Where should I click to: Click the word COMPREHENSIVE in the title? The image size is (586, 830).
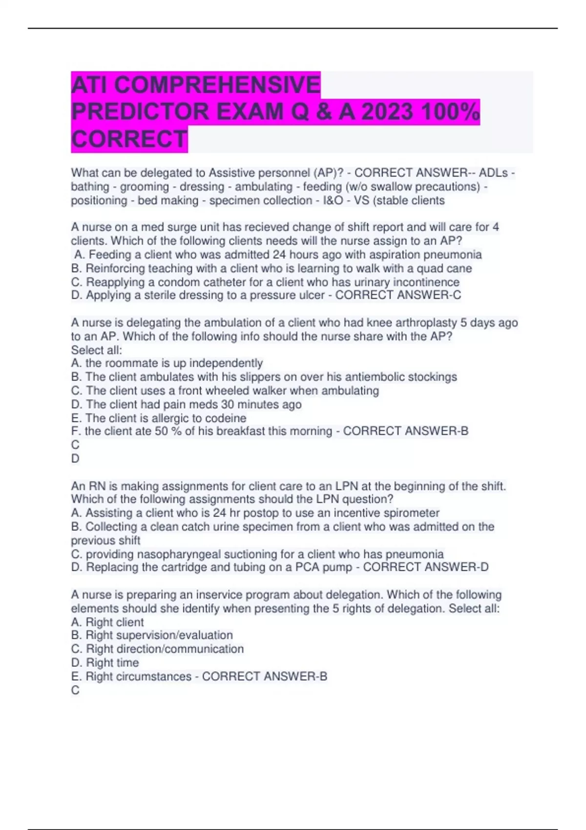click(x=217, y=85)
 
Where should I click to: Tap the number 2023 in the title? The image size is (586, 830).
click(x=386, y=112)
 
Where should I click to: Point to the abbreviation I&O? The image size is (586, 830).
click(x=333, y=201)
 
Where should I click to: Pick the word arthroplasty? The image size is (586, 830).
click(x=419, y=323)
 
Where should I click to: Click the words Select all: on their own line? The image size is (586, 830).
click(x=97, y=350)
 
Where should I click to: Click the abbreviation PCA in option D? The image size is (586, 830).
click(x=306, y=567)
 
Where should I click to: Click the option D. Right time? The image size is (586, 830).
click(x=105, y=663)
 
